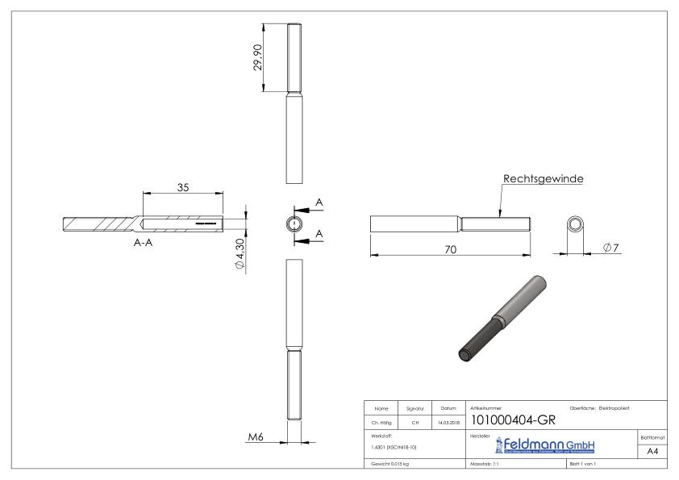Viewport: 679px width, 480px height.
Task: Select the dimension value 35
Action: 183,186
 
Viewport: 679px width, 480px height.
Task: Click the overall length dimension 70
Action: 451,250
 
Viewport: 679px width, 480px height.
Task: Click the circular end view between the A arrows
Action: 294,223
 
